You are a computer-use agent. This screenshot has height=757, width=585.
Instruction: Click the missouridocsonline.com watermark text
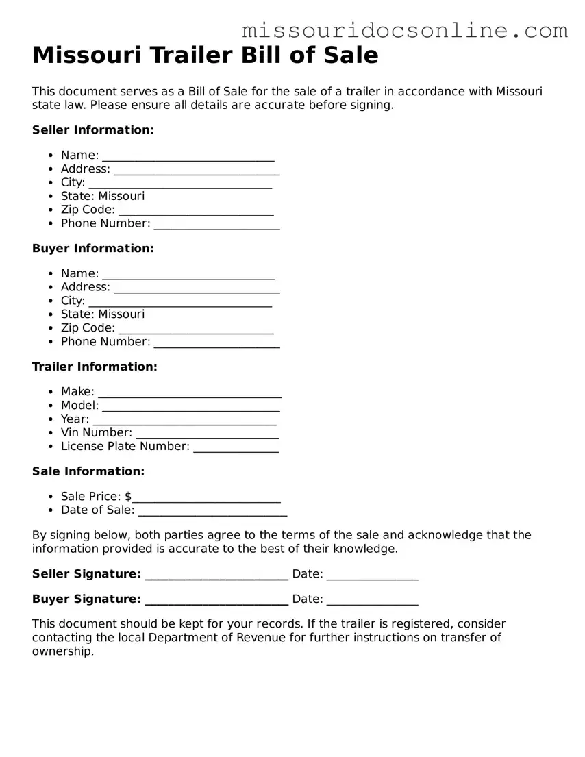(x=404, y=30)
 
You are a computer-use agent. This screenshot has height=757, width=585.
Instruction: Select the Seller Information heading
(x=93, y=129)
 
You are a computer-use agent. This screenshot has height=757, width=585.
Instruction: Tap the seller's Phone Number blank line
(x=216, y=225)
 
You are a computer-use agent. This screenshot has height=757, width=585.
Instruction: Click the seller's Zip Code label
(x=88, y=210)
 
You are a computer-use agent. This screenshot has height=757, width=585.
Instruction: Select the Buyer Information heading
(x=93, y=248)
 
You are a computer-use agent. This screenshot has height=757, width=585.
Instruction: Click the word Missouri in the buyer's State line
(x=121, y=314)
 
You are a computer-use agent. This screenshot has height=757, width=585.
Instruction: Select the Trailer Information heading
(x=95, y=367)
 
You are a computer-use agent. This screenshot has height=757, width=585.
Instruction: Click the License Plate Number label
(x=125, y=446)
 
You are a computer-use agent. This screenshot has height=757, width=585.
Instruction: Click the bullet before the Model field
(x=51, y=406)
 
